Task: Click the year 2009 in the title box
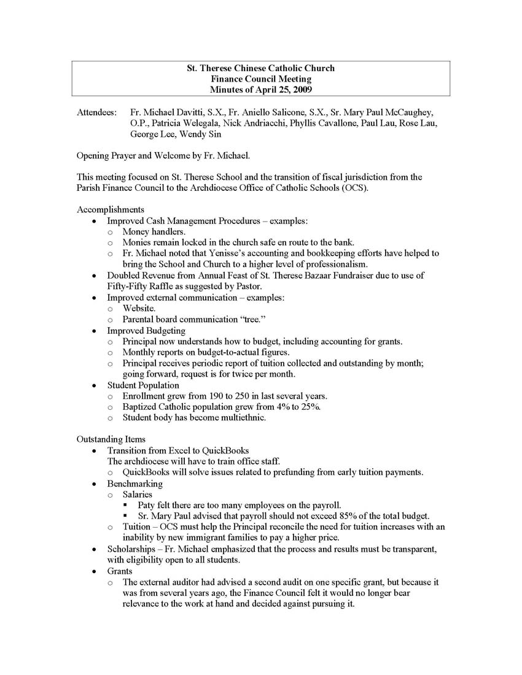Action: (301, 90)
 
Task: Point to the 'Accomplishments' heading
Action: (111, 209)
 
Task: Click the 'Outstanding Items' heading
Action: (111, 439)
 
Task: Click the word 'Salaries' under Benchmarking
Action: (138, 494)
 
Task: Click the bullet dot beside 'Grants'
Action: (93, 571)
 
